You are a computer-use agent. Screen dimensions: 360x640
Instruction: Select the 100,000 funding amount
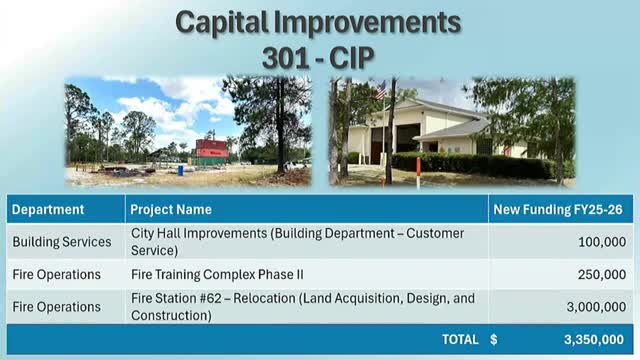602,242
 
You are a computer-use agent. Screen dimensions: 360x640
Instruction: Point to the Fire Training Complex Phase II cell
217,274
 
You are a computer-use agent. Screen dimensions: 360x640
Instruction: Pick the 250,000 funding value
602,274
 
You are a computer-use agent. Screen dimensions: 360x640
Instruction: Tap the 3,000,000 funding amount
596,307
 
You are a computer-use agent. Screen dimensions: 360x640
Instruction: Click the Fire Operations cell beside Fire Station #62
56,307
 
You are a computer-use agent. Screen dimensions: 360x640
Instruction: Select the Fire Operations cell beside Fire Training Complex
56,274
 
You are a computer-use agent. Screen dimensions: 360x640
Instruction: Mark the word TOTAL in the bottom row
459,340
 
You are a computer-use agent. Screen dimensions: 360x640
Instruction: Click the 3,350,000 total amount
595,340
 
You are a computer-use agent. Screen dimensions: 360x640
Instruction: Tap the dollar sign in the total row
494,340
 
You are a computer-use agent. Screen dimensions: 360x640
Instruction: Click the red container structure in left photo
211,151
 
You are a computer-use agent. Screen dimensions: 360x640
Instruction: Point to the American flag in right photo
380,91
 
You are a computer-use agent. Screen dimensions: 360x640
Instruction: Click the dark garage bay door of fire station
407,137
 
